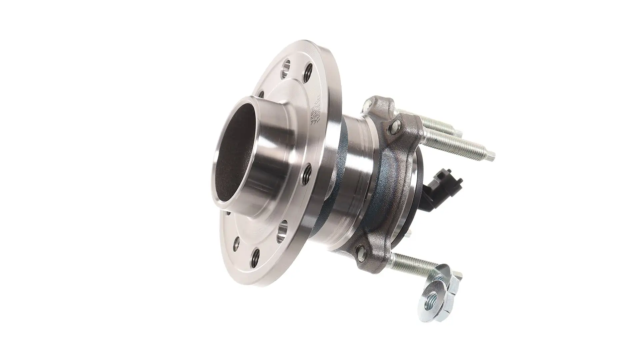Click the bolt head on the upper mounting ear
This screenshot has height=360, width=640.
(x=396, y=126)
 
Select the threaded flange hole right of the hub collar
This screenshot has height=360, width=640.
(x=307, y=172)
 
